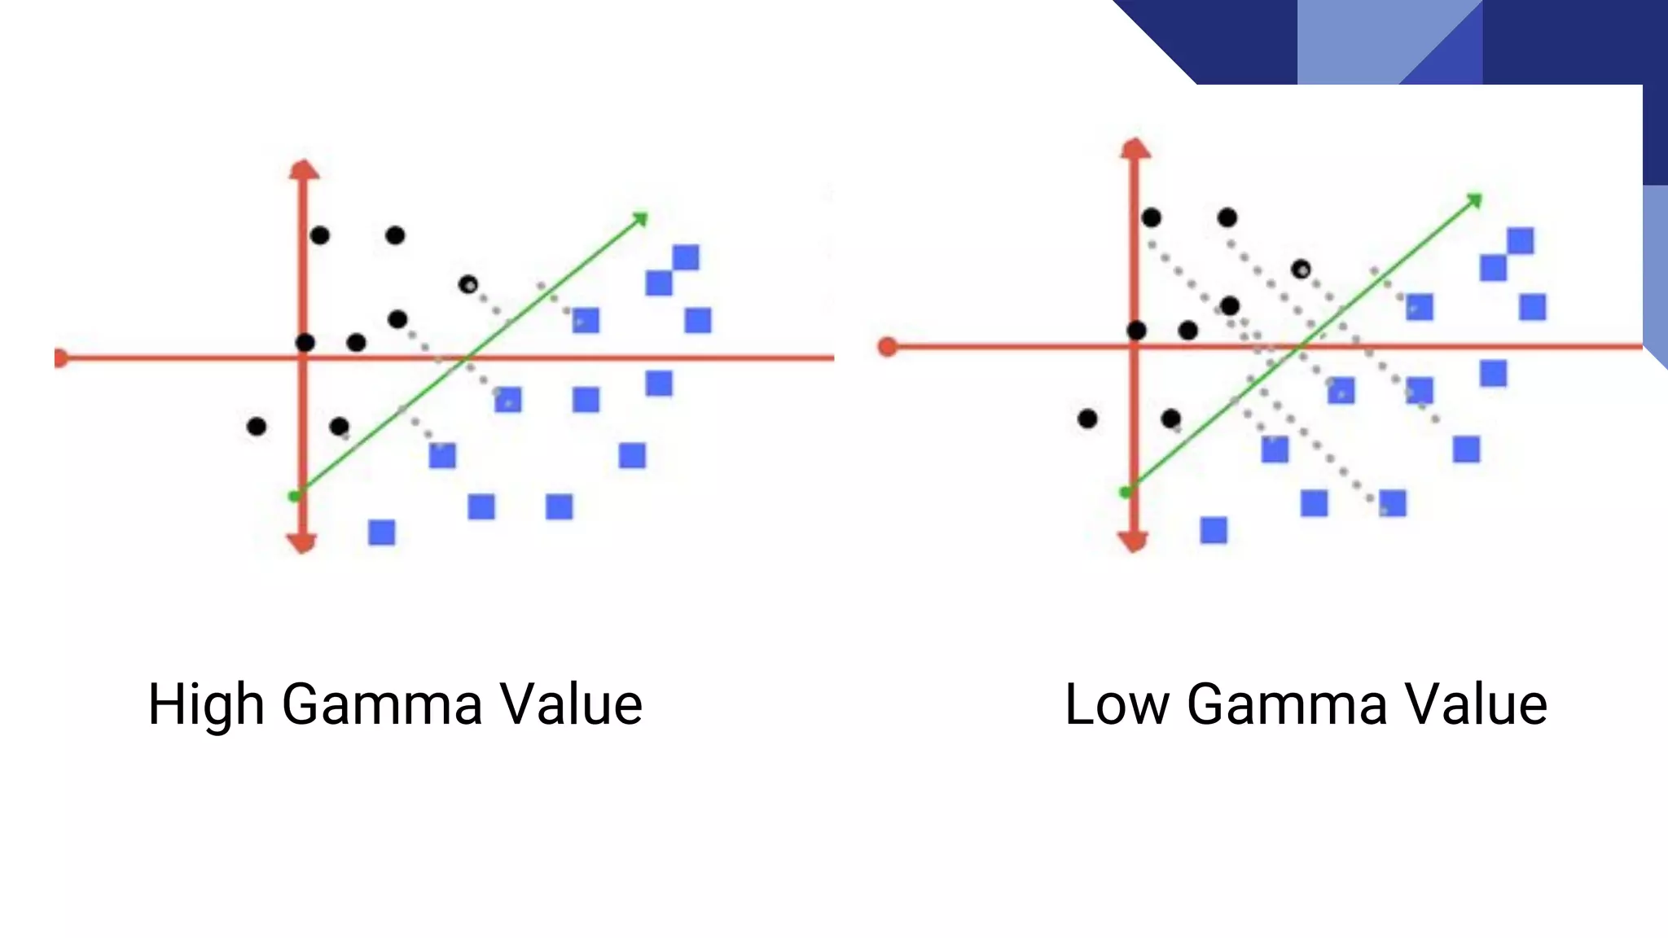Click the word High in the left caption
206,704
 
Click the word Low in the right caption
1117,704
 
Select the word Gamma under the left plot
382,704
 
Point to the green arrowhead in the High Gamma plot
641,218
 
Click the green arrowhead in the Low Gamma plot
1475,199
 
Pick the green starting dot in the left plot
294,496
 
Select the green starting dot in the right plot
1126,493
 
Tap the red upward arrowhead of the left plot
304,169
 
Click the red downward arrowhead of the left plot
302,543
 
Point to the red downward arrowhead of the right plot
1133,541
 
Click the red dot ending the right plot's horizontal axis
888,348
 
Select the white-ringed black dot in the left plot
468,285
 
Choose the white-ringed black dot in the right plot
1301,269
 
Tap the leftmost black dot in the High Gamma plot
257,427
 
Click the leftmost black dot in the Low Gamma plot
1087,419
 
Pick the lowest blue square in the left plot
382,533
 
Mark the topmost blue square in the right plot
1521,241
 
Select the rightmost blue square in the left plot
698,321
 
